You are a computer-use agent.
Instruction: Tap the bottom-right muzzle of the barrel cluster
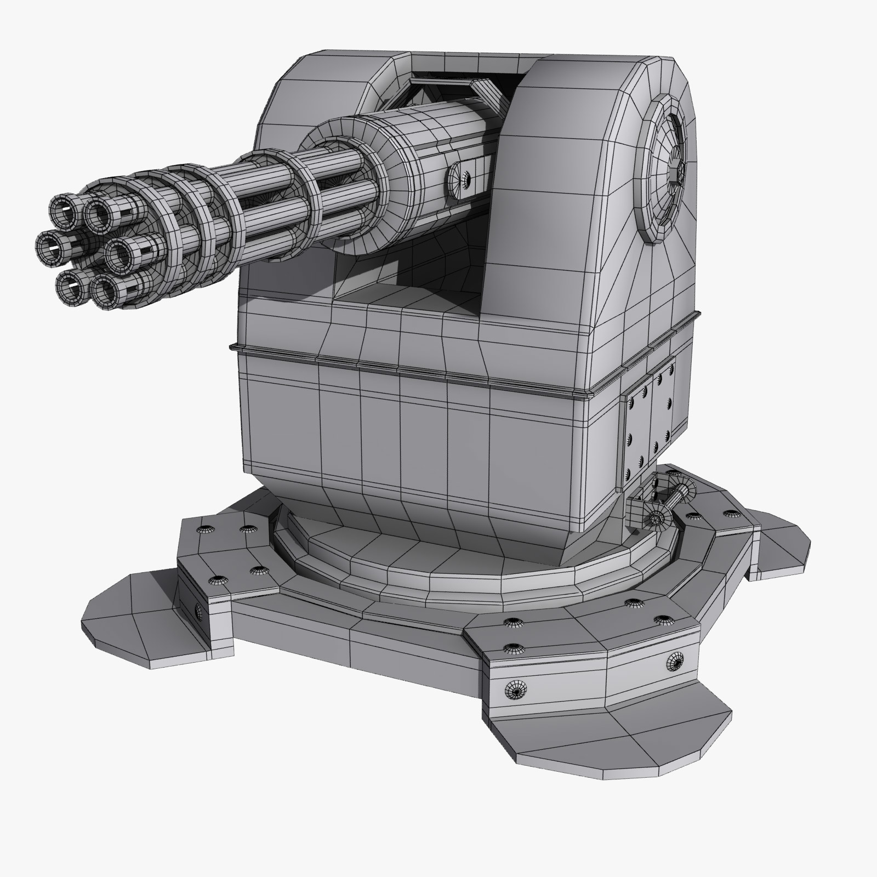[x=105, y=288]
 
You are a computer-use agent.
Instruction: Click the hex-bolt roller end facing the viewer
[x=655, y=517]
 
